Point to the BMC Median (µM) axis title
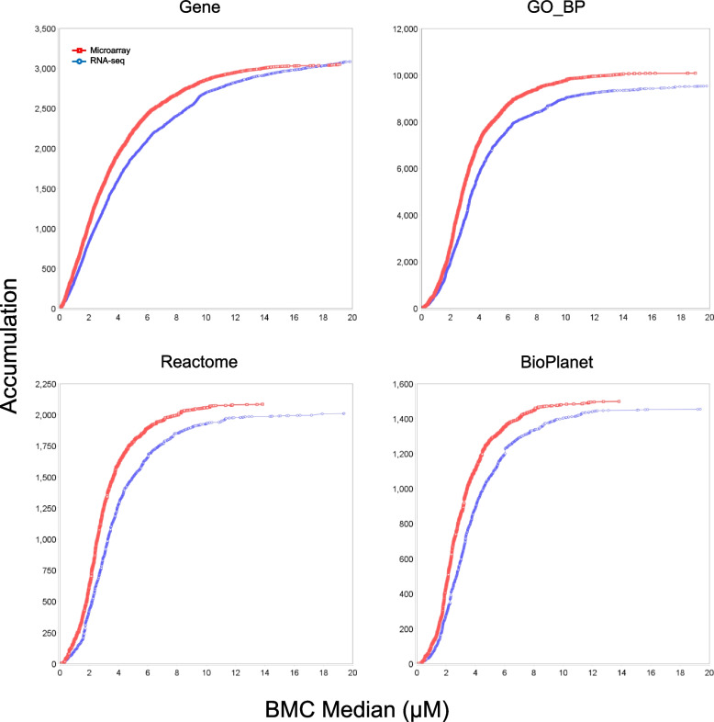pyautogui.click(x=357, y=706)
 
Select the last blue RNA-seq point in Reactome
pyautogui.click(x=343, y=413)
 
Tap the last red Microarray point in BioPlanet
pyautogui.click(x=619, y=401)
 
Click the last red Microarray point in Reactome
pyautogui.click(x=262, y=404)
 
